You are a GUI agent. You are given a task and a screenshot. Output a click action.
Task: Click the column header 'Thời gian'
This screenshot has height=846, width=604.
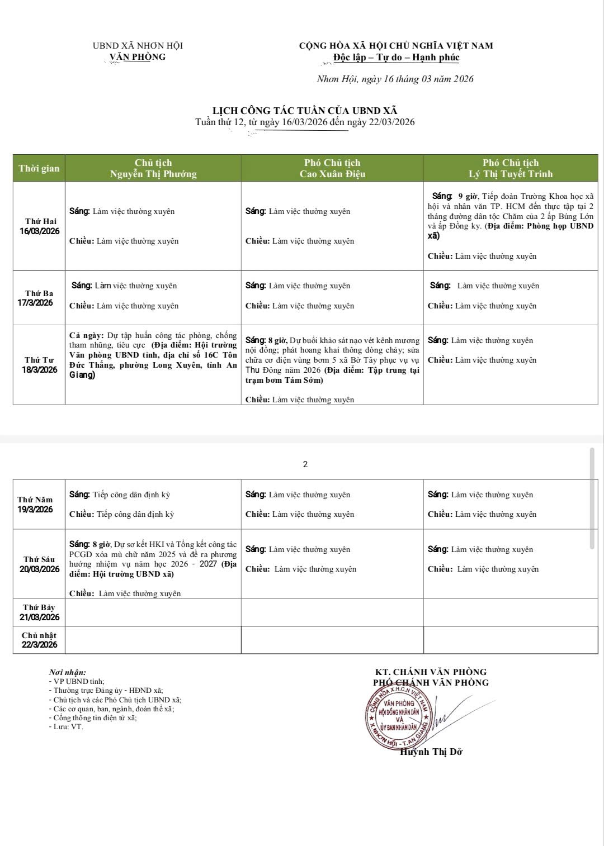pos(39,168)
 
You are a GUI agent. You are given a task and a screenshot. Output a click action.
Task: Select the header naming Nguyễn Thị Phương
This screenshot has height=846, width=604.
pos(153,168)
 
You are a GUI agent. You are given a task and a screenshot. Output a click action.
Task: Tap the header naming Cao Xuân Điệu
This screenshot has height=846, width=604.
pos(332,168)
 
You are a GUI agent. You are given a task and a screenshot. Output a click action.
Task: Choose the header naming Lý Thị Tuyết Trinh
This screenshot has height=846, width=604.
pos(511,168)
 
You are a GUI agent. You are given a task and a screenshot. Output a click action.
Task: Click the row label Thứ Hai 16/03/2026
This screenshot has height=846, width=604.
pos(40,226)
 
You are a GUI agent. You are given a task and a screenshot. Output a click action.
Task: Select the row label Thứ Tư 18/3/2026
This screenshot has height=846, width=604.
pos(39,364)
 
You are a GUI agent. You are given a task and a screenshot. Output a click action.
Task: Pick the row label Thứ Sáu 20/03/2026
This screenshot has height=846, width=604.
pos(39,564)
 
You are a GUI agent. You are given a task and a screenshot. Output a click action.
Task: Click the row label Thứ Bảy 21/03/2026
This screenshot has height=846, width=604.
pos(39,612)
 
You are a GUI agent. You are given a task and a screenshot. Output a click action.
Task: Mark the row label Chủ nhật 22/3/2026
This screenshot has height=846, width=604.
pos(39,640)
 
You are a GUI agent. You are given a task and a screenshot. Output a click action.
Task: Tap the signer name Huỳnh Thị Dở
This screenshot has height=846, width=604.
pos(431,752)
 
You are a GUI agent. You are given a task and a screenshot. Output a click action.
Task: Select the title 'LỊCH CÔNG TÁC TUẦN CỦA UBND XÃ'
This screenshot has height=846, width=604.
pos(305,111)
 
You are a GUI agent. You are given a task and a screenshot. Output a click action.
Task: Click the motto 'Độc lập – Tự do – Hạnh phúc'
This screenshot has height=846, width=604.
pos(396,57)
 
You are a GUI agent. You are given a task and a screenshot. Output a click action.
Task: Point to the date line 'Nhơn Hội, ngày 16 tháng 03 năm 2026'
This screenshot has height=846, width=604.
pos(395,79)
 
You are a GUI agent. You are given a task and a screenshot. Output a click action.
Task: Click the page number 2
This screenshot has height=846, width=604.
pos(305,464)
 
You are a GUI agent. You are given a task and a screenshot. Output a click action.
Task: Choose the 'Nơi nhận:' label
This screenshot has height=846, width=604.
pos(68,672)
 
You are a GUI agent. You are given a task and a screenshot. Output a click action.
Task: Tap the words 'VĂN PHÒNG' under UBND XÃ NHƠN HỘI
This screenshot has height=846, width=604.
pos(138,56)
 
